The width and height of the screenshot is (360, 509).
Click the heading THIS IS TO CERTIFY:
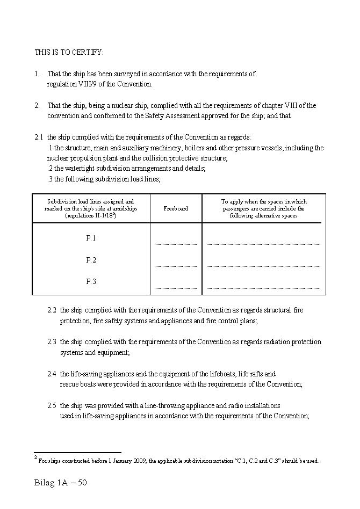(x=69, y=52)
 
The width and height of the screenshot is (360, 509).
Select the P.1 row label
(x=91, y=238)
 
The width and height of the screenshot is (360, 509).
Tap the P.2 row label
(x=91, y=260)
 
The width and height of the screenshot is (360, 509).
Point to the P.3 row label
(x=91, y=281)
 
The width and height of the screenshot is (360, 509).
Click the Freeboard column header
(x=176, y=208)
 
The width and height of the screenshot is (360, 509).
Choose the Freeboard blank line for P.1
(x=176, y=244)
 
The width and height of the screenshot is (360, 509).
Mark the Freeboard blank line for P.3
(x=176, y=288)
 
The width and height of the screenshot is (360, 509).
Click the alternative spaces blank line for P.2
(x=263, y=266)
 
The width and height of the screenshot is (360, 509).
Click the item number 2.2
(x=52, y=310)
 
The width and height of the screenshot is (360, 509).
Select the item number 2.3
(x=52, y=342)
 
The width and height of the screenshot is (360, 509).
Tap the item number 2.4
(x=52, y=374)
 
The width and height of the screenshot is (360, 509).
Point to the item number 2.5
(x=52, y=405)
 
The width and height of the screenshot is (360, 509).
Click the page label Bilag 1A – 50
(x=60, y=483)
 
